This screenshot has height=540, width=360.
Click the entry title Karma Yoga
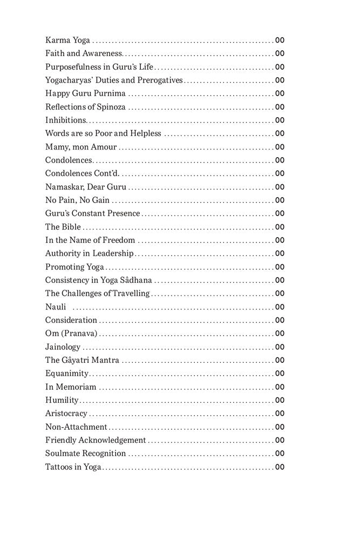67,40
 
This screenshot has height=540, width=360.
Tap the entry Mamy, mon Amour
80,147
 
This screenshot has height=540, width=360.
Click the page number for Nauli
280,307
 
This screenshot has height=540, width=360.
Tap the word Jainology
63,347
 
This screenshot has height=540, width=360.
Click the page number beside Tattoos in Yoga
280,467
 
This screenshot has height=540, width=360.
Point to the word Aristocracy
66,414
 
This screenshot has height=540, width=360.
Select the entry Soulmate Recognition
85,454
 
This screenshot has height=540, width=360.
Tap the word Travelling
131,294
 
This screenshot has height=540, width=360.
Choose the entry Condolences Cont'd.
82,173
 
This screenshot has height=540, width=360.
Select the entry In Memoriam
71,387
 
